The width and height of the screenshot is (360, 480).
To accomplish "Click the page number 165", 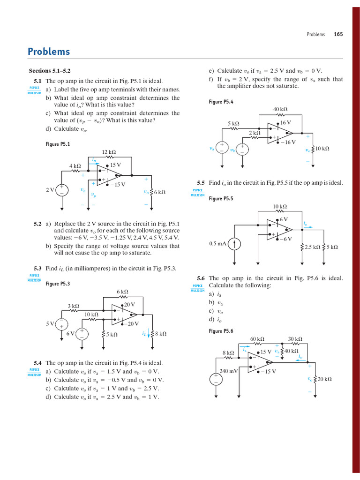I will click(338, 34).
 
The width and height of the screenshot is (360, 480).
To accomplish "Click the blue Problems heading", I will click(49, 52).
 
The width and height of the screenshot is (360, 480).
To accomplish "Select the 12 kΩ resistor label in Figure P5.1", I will click(109, 152).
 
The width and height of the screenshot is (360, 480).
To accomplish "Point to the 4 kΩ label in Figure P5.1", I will click(75, 166).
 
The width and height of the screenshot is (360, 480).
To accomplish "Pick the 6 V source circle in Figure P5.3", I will click(82, 334).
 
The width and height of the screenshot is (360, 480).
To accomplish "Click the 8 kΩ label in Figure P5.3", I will click(160, 334).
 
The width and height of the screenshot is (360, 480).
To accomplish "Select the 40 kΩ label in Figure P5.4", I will click(280, 109).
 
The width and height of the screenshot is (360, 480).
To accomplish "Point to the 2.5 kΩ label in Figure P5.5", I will click(312, 247).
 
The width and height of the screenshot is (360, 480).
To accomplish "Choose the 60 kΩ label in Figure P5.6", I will click(257, 339).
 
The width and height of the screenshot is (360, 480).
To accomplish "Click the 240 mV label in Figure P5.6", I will click(229, 370).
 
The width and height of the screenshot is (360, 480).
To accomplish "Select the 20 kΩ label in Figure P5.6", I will click(324, 379).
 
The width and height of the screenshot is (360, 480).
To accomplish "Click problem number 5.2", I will click(37, 224).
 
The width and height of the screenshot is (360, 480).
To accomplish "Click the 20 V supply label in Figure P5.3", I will click(129, 305).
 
